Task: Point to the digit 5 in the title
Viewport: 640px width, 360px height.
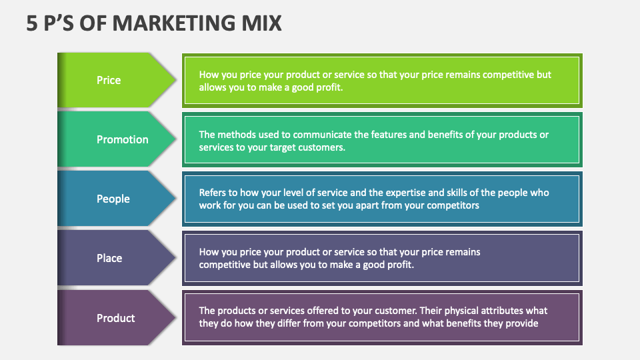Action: [31, 23]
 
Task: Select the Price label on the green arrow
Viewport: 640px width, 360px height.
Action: [109, 80]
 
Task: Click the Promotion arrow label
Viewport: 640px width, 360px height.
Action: [122, 139]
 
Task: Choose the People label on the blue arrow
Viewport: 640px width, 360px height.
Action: [113, 199]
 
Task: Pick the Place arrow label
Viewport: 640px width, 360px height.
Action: [109, 258]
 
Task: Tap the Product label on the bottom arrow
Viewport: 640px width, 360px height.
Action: [116, 318]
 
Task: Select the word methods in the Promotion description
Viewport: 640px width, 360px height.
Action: [238, 135]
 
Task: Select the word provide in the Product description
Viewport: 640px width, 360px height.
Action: [519, 323]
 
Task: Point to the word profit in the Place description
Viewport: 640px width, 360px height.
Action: [399, 265]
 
